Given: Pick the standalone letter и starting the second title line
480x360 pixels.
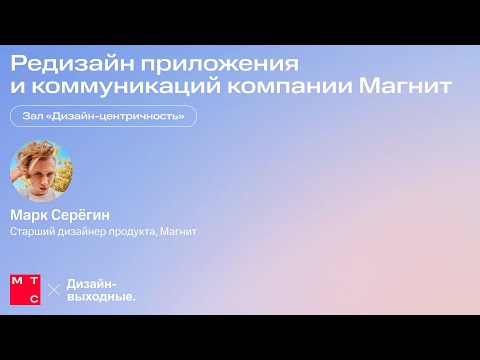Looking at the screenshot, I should (16, 88).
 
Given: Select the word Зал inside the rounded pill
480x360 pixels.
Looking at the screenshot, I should (32, 117).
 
